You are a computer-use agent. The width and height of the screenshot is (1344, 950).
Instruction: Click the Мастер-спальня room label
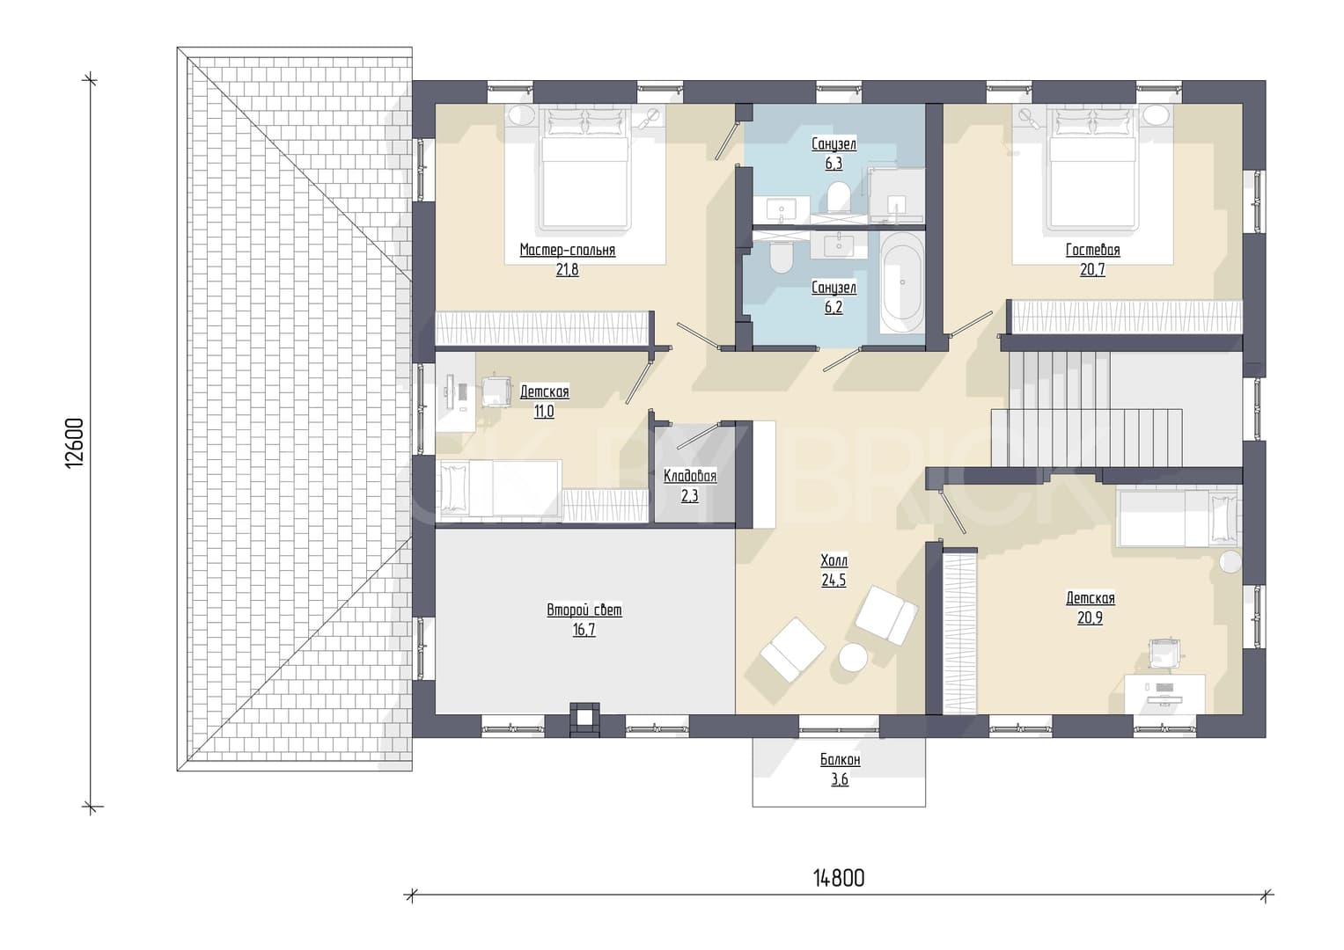click(x=567, y=250)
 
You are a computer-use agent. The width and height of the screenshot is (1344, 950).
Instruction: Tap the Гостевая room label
click(x=1092, y=250)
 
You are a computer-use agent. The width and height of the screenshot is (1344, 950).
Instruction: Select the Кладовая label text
click(x=690, y=476)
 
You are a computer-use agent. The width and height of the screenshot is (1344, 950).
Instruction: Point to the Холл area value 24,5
click(x=834, y=580)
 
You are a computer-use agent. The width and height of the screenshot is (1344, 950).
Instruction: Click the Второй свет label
click(x=584, y=610)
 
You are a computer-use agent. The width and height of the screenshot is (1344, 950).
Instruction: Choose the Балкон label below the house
click(x=840, y=760)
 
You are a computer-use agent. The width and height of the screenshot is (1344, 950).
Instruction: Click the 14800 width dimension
click(x=839, y=879)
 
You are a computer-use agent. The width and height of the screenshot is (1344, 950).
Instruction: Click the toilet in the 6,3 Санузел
click(x=837, y=197)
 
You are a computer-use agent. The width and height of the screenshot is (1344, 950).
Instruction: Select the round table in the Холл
click(x=853, y=658)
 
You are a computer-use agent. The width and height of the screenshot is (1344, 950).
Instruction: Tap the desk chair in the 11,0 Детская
click(x=496, y=391)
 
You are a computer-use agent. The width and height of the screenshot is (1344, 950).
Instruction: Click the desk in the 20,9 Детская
click(x=1164, y=694)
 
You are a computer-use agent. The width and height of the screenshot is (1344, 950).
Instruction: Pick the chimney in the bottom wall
click(x=584, y=720)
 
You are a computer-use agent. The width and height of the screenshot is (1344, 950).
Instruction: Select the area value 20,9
click(x=1091, y=617)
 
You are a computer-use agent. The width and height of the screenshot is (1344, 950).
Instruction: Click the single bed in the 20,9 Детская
click(x=1177, y=517)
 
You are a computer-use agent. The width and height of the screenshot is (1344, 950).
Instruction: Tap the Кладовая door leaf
click(x=698, y=436)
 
